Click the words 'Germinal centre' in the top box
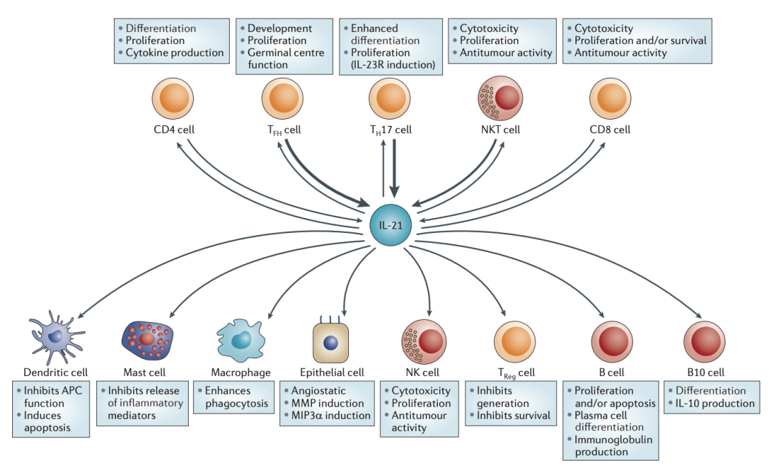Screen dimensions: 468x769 (286, 53)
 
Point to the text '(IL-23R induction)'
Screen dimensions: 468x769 (392, 65)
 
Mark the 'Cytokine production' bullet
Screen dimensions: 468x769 (174, 53)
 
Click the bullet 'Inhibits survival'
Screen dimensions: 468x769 (513, 415)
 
